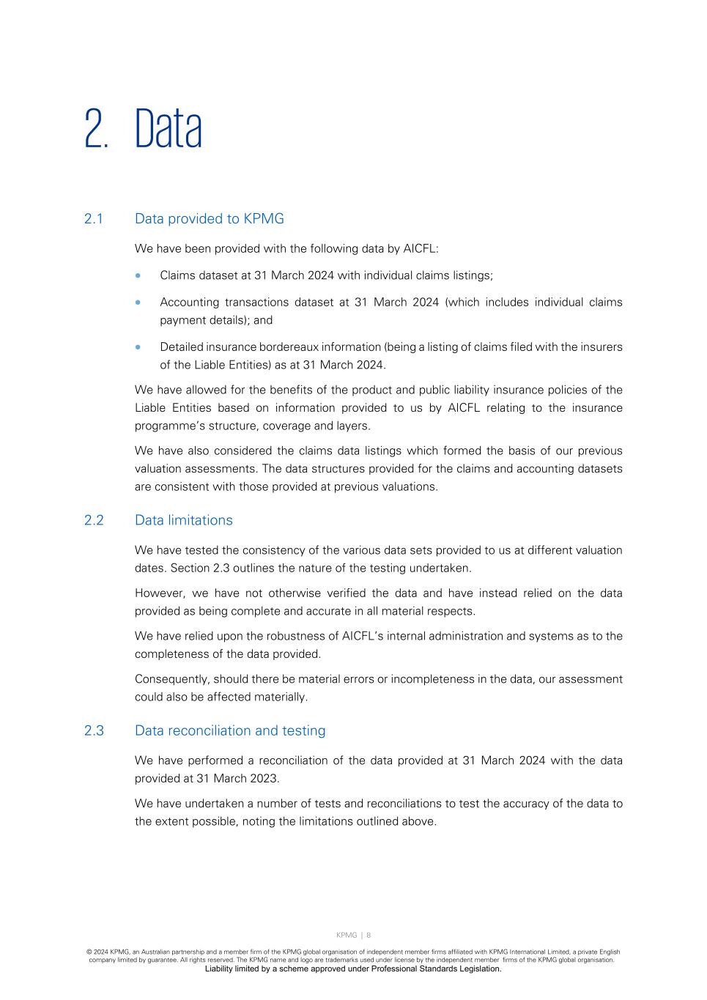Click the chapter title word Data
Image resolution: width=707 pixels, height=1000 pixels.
point(169,129)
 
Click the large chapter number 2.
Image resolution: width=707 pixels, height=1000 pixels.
point(95,129)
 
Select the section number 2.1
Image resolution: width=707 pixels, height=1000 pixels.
point(94,219)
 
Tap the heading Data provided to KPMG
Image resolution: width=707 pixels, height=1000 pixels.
point(210,219)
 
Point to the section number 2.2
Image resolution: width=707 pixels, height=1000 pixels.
point(94,520)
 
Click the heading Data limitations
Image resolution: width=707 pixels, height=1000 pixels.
point(184,520)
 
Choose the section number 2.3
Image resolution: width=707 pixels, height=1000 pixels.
point(94,730)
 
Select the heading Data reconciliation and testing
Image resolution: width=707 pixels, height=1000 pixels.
point(230,730)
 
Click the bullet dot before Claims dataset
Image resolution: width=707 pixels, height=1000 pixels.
point(138,275)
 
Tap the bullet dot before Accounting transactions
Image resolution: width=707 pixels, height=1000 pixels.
point(138,302)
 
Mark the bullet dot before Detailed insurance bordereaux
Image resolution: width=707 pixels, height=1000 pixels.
point(138,347)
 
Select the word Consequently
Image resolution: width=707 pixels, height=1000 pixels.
point(172,679)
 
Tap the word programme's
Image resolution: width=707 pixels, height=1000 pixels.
point(169,426)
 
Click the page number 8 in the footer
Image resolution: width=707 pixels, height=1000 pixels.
point(369,935)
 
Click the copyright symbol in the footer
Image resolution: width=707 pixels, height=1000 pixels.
point(89,952)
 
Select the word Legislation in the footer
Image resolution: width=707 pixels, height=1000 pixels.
point(481,968)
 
